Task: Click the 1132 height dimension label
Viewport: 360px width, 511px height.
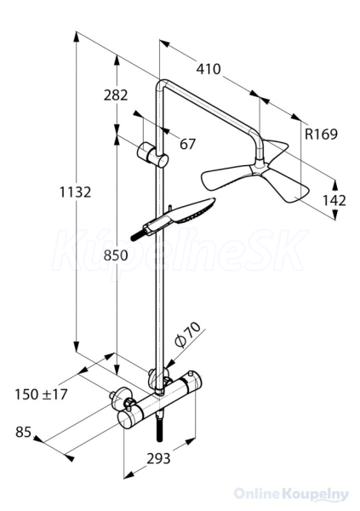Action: tap(75, 192)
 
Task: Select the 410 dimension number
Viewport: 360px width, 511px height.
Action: tap(209, 69)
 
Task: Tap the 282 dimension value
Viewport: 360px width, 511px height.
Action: tap(116, 95)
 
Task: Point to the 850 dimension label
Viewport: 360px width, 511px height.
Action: tap(116, 255)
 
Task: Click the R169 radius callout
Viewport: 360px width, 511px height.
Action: tap(321, 134)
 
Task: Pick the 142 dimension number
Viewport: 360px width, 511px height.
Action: tap(334, 201)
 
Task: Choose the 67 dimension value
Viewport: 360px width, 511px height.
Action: tap(187, 144)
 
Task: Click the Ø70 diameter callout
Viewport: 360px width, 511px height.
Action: tap(186, 335)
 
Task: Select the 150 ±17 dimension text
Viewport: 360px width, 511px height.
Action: tap(41, 394)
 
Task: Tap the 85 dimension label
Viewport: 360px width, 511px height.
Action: tap(24, 433)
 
